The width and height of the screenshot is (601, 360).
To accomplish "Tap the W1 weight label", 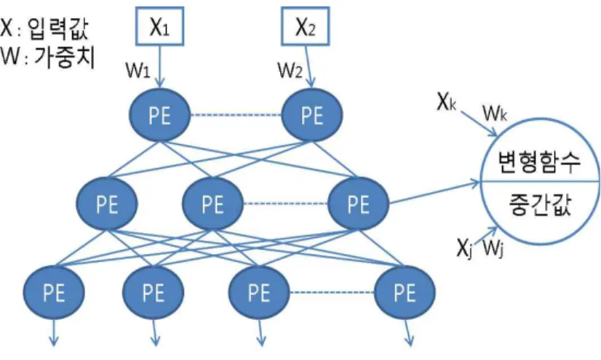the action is click(138, 71).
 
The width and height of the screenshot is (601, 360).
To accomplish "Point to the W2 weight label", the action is click(290, 70).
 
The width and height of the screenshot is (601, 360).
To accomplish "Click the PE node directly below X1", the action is click(159, 114).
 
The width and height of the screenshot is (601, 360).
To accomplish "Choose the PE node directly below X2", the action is click(312, 114).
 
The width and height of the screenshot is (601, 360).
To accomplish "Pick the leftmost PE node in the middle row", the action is click(107, 204).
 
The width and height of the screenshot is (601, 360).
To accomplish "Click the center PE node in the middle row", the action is click(212, 204).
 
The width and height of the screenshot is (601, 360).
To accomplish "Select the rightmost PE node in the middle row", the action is click(359, 204).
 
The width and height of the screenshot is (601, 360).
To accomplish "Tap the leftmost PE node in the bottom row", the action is click(54, 292).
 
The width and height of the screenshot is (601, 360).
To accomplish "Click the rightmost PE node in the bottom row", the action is click(405, 292).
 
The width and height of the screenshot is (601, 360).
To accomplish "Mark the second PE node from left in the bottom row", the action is click(154, 292).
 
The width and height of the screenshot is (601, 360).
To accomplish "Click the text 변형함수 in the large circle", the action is click(539, 162).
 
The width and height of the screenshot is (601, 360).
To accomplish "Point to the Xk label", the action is click(447, 103).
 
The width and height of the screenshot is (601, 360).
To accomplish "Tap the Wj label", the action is click(493, 248).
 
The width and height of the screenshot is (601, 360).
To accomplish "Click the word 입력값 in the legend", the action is click(58, 29).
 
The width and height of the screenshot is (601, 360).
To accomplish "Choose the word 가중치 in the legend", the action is click(64, 57).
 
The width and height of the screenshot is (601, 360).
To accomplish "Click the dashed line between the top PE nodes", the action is click(236, 115).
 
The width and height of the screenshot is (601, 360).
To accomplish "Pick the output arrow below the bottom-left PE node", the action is click(54, 333).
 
